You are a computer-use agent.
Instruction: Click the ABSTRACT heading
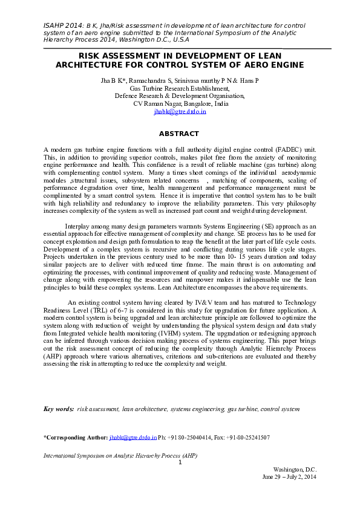tap(178, 134)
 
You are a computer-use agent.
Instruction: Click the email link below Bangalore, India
tap(180, 112)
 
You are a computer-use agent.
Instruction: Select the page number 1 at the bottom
tap(180, 462)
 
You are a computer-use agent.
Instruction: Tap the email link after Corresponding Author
tap(133, 437)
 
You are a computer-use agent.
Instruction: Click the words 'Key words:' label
tap(59, 409)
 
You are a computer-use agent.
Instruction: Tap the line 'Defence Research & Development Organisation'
tap(180, 96)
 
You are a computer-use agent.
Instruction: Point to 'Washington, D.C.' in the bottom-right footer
tap(295, 470)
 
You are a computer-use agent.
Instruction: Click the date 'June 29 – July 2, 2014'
tap(289, 477)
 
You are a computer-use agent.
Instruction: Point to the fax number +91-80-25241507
tap(246, 437)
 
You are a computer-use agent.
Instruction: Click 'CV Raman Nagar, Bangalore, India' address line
tap(180, 104)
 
